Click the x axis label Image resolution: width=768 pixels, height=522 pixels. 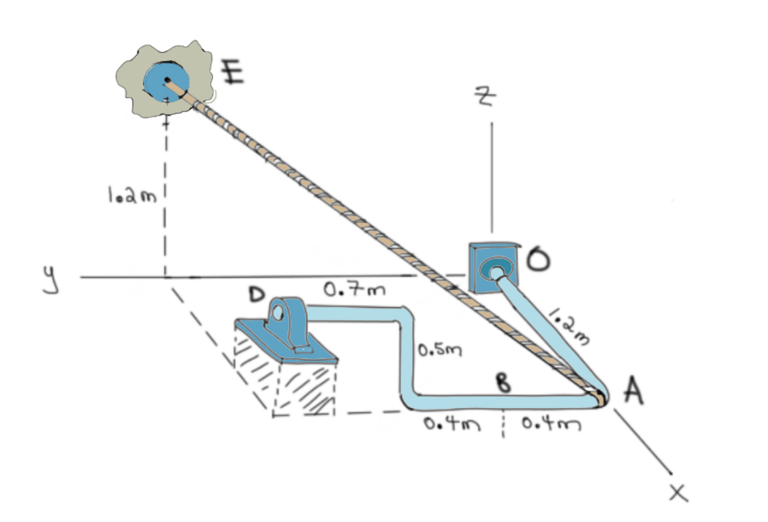click(678, 492)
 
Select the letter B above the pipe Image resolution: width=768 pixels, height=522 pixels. click(503, 384)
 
